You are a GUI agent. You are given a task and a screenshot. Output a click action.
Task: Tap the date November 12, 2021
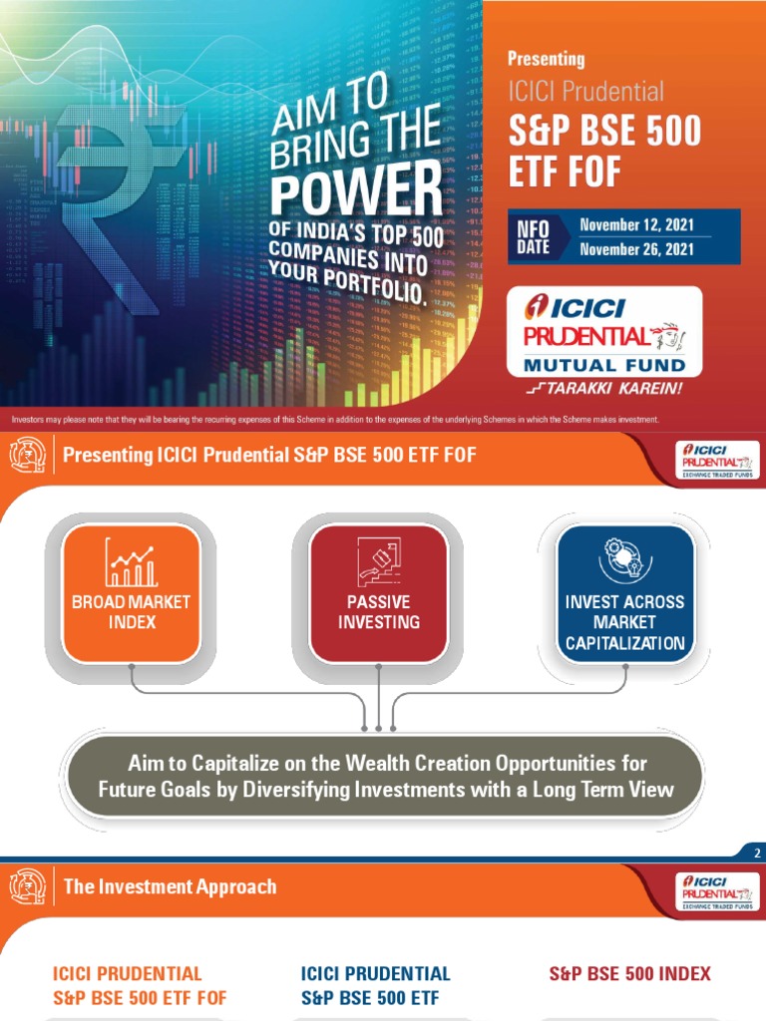[x=636, y=224]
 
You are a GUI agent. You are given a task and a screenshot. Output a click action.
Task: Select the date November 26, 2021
[x=636, y=249]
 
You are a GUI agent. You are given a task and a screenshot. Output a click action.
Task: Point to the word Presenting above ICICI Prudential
[x=546, y=59]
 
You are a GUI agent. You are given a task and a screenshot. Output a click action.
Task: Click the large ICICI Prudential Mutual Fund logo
[x=604, y=332]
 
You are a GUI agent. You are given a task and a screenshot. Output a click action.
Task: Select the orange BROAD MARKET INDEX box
[x=132, y=593]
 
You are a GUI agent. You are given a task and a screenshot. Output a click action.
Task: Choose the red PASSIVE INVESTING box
[x=378, y=593]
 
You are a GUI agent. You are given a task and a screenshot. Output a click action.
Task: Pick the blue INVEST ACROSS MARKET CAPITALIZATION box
[x=624, y=593]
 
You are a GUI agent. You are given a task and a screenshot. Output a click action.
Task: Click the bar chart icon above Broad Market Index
[x=132, y=564]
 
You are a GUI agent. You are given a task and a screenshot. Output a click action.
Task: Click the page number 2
[x=757, y=852]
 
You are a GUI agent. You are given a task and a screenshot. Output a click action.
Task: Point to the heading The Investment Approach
[x=170, y=885]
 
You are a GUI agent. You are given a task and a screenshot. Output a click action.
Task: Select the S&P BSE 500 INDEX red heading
[x=629, y=973]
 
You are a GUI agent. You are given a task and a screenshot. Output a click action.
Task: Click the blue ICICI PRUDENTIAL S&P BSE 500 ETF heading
[x=375, y=985]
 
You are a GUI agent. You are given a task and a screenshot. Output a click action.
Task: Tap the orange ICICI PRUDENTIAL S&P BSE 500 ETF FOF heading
[x=139, y=985]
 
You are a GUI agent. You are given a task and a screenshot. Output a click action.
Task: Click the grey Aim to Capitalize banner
[x=385, y=777]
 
